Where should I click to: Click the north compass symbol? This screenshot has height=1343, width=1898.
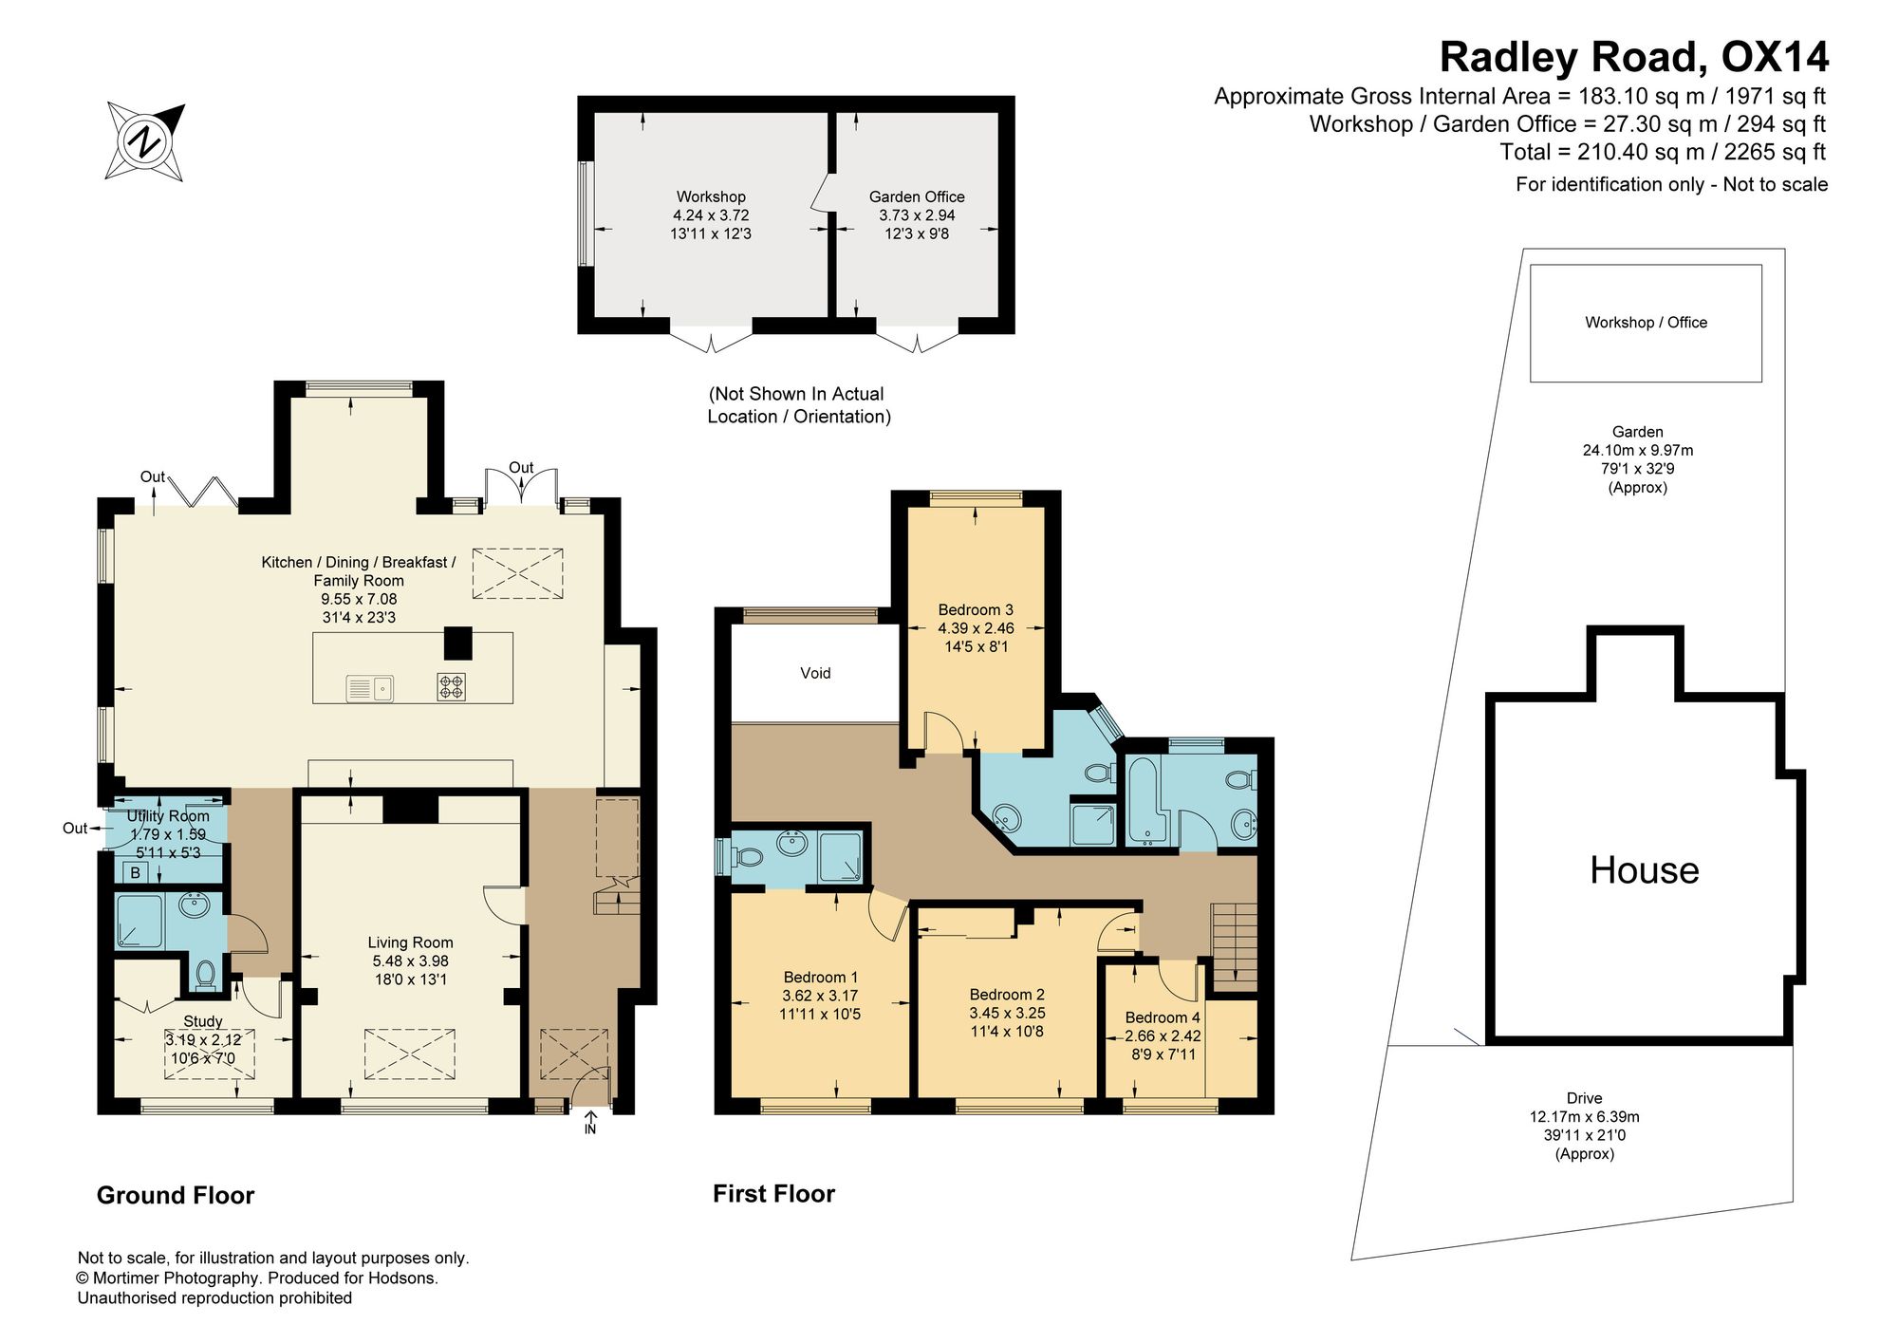click(145, 141)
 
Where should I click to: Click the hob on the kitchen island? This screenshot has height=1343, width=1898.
click(452, 686)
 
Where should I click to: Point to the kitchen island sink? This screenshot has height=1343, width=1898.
click(370, 687)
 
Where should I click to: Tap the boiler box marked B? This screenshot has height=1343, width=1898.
click(136, 872)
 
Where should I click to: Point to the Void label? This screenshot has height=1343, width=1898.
click(815, 673)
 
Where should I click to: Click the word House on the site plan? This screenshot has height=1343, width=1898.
click(1645, 870)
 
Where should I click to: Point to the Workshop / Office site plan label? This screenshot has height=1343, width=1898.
click(1646, 323)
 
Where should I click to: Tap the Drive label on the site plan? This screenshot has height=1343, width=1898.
click(1585, 1098)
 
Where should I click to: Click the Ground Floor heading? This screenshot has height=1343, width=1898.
click(176, 1195)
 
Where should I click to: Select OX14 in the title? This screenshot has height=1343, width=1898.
click(1775, 57)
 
